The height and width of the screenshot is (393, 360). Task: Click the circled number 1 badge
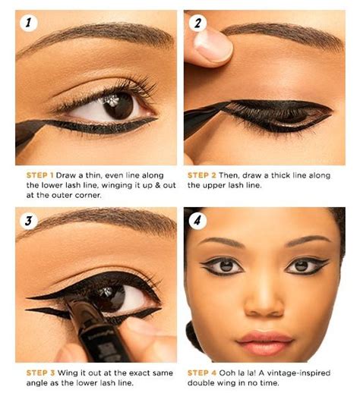coord(27,23)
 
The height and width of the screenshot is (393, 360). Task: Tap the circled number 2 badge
coord(197,23)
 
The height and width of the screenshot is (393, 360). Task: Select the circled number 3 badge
coord(27,221)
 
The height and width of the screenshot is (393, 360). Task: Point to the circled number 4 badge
coord(197,221)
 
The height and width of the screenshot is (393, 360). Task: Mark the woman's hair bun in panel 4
coord(194,334)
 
